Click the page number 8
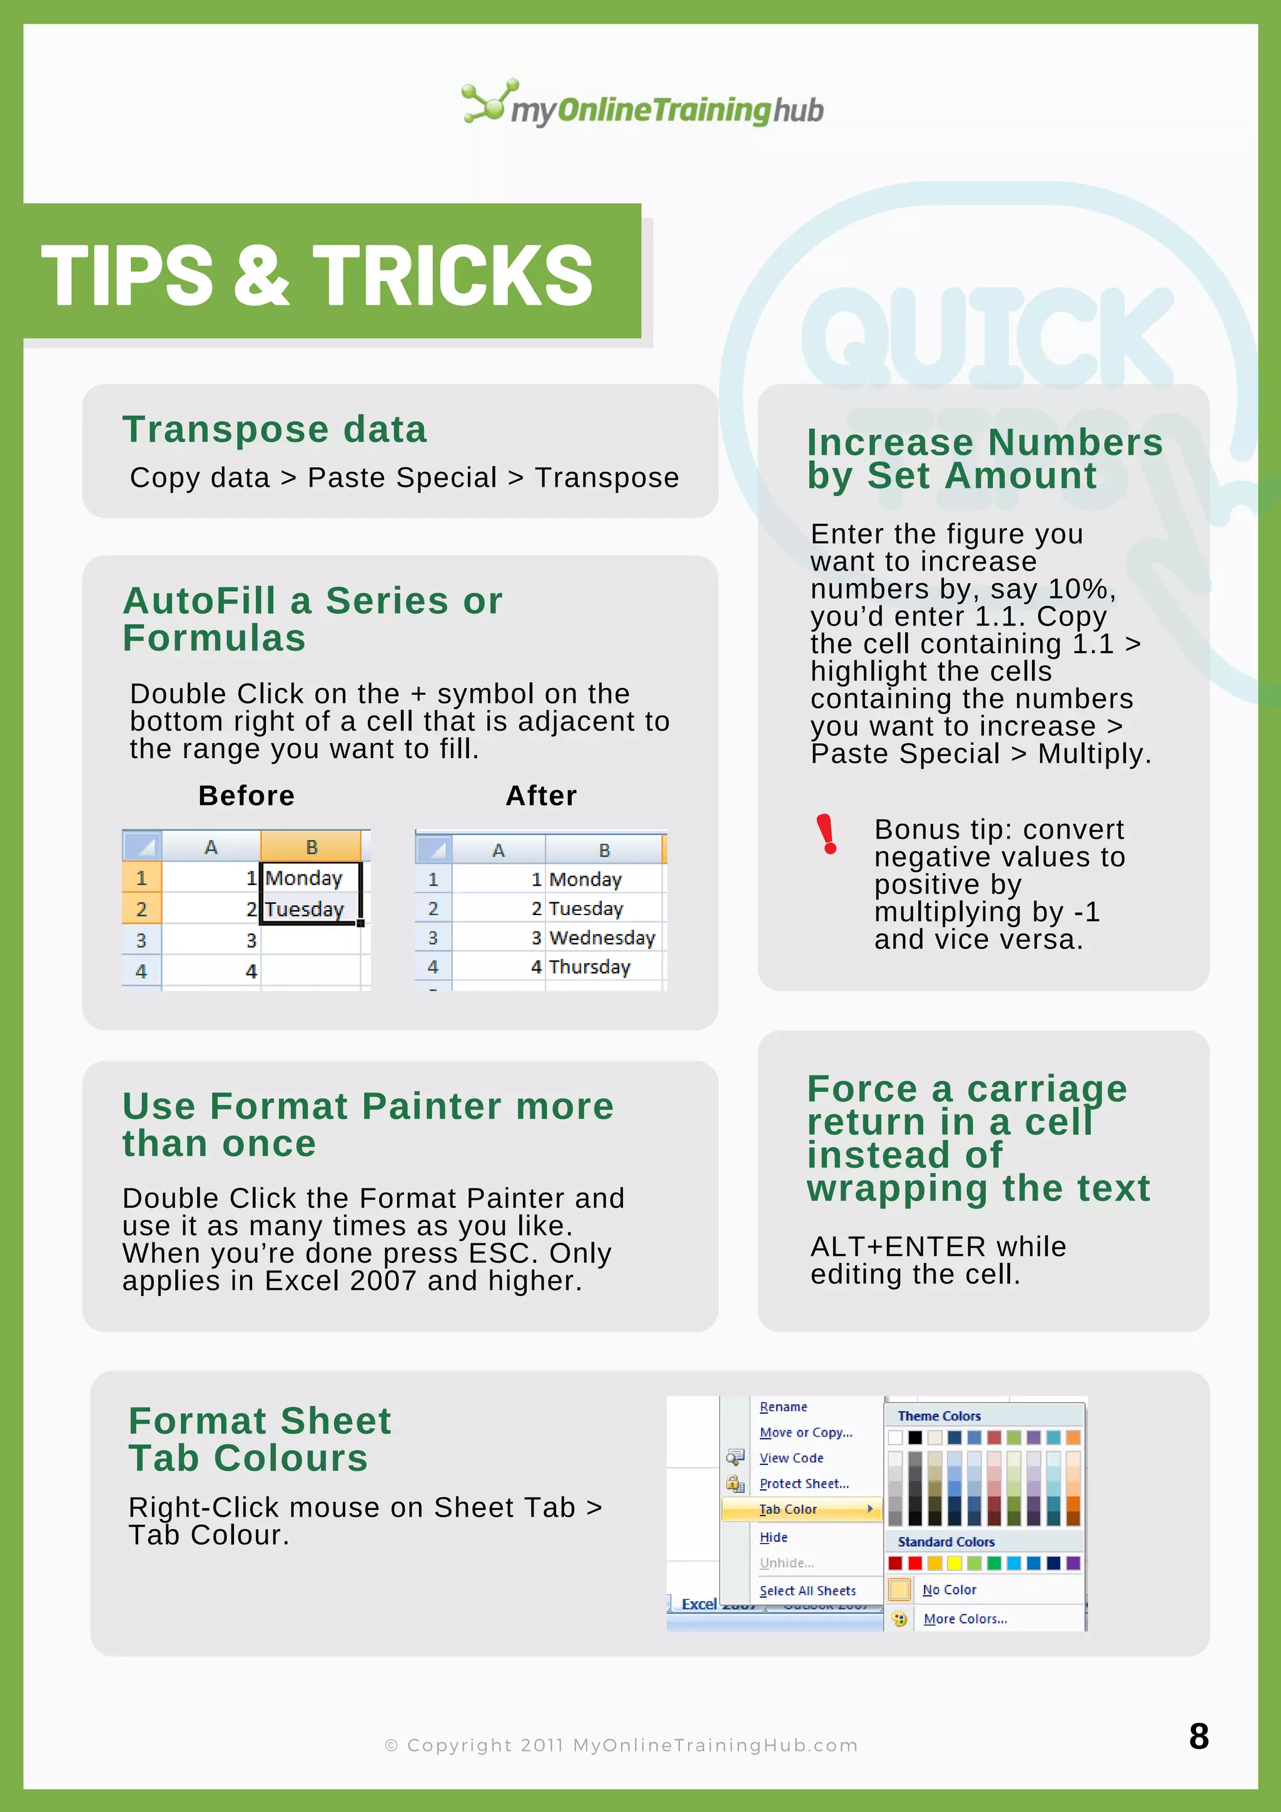click(x=1198, y=1736)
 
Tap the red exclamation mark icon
click(x=826, y=834)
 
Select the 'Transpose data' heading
click(x=274, y=430)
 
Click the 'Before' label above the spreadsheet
click(x=246, y=796)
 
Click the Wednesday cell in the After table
click(x=602, y=938)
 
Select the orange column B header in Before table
click(x=311, y=847)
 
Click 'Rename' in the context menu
click(x=783, y=1406)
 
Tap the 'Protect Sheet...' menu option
click(x=804, y=1483)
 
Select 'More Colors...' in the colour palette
click(x=965, y=1619)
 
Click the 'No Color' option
click(x=949, y=1589)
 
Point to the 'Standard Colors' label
click(x=946, y=1541)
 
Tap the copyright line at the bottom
click(x=620, y=1745)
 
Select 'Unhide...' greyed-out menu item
click(x=786, y=1562)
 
